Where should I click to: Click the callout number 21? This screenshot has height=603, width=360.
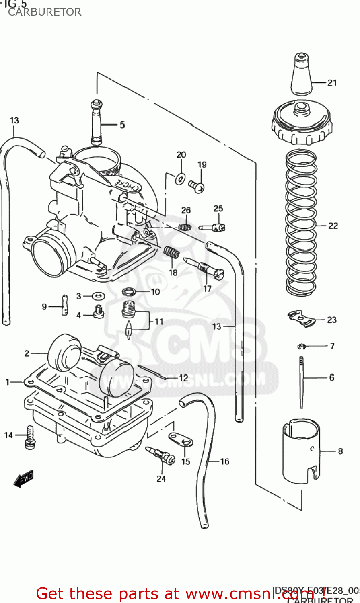point(332,83)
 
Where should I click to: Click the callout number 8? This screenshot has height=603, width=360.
point(340,451)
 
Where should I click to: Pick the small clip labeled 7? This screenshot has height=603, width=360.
point(302,346)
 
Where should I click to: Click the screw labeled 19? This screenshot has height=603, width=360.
point(196,185)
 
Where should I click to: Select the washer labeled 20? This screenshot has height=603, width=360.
point(181,178)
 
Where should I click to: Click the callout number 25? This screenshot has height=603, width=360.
point(218,208)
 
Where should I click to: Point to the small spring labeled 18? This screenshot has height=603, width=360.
point(172,254)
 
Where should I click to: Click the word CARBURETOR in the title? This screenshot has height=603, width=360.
point(45,12)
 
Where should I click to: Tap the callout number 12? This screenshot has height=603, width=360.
point(183,378)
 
